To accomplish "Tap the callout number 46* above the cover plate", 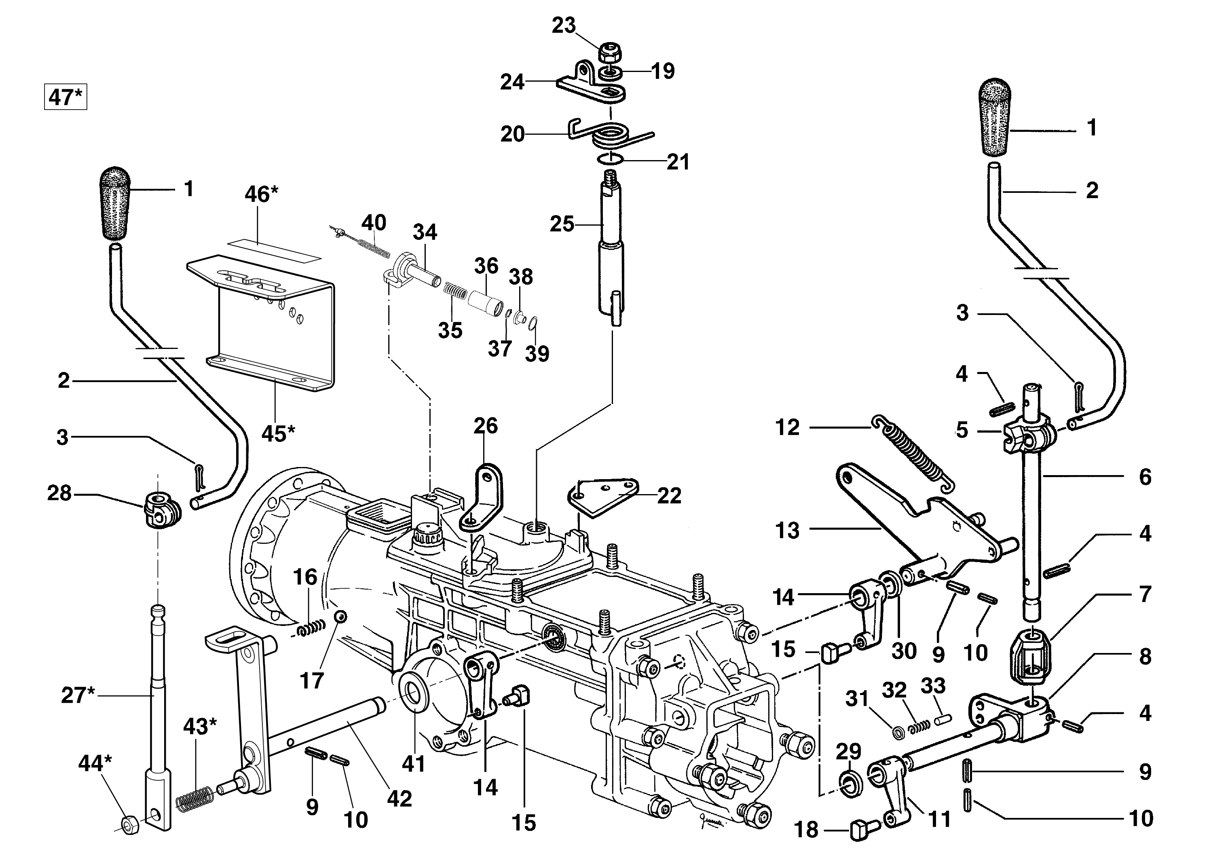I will point(261,194).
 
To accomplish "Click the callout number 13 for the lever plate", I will point(787,530).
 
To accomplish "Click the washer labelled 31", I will point(898,733).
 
